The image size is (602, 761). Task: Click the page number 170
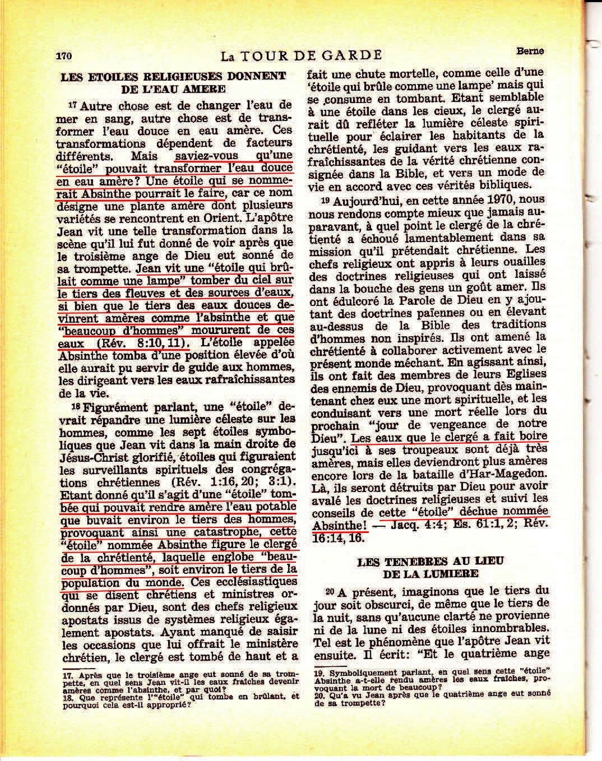[64, 56]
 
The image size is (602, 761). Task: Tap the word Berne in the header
[530, 51]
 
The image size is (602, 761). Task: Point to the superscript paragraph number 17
[72, 105]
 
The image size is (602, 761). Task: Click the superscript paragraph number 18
[75, 406]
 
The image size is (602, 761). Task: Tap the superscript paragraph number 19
[326, 199]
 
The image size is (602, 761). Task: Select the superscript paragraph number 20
[330, 591]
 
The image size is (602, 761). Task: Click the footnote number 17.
[67, 676]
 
